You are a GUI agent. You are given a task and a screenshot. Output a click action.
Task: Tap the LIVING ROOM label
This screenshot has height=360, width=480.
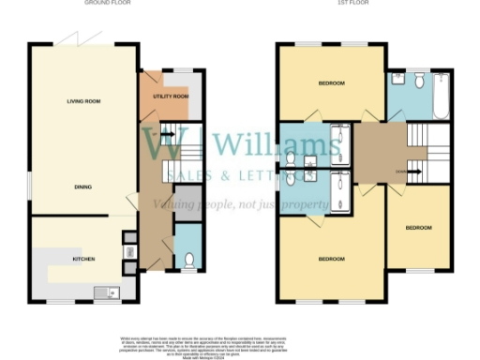click(84, 101)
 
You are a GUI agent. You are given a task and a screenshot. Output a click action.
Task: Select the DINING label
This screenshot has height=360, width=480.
click(84, 187)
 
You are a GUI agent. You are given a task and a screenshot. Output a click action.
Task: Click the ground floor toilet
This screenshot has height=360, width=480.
click(189, 261)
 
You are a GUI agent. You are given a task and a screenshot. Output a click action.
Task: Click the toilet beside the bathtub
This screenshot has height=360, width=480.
click(419, 80)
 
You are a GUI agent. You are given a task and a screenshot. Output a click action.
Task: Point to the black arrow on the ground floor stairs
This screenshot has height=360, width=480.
click(169, 133)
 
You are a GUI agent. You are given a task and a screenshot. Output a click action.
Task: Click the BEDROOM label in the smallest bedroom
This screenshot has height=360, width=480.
click(419, 228)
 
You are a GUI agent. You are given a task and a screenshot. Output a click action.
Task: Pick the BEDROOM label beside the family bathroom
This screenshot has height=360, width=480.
click(331, 84)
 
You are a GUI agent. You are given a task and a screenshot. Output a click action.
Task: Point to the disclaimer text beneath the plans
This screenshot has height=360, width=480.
click(241, 343)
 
